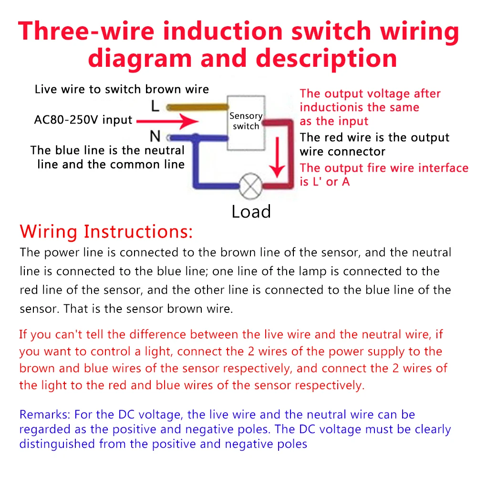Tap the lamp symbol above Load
pyautogui.click(x=250, y=186)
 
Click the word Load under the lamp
pyautogui.click(x=251, y=211)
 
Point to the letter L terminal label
pyautogui.click(x=155, y=105)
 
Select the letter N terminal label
pyautogui.click(x=155, y=137)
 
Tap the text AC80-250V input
pyautogui.click(x=83, y=120)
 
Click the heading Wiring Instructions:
pyautogui.click(x=106, y=232)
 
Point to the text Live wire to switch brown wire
pyautogui.click(x=122, y=89)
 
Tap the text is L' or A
pyautogui.click(x=324, y=182)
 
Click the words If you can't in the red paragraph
pyautogui.click(x=50, y=334)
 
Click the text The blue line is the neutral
pyautogui.click(x=107, y=150)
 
